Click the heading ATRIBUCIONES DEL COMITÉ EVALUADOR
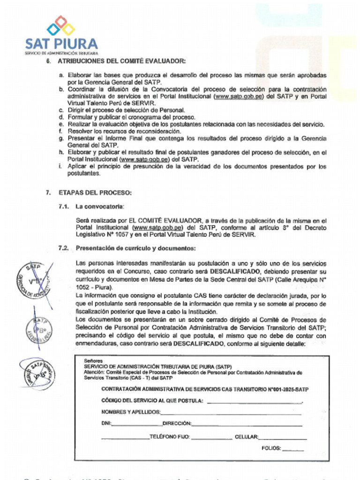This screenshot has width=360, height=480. click(122, 61)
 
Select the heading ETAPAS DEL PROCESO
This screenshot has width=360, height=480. click(95, 193)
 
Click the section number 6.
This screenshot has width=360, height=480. click(48, 61)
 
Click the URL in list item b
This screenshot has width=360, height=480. click(238, 96)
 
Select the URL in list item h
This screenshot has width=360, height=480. click(144, 159)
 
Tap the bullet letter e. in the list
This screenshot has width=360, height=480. click(61, 124)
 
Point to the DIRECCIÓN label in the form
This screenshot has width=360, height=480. click(177, 424)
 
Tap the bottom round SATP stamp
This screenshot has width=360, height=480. click(37, 374)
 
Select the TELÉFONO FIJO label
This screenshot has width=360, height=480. click(170, 437)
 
